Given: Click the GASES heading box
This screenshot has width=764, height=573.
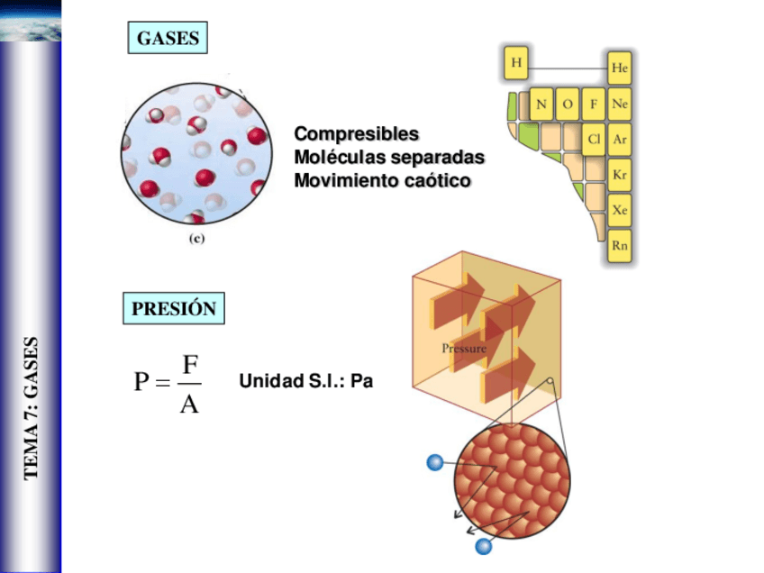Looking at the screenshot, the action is tap(168, 39).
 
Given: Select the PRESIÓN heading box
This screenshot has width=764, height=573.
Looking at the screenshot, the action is tap(173, 309).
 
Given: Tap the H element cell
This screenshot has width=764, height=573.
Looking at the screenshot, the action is tap(516, 62).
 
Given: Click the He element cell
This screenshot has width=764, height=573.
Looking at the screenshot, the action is tap(620, 68).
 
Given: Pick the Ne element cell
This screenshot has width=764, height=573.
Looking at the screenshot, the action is tap(620, 104).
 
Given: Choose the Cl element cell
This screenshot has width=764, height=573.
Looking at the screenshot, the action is tap(594, 140).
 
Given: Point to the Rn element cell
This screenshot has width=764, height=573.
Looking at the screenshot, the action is tap(620, 245).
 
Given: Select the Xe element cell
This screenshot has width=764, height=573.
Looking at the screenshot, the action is tap(620, 210).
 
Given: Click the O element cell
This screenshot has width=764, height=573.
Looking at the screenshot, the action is tap(568, 104).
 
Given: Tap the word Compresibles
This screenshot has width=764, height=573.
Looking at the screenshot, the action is tap(356, 134).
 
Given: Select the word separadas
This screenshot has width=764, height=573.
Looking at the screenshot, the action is tap(436, 158).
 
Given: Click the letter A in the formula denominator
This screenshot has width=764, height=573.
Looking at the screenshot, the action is tap(189, 403).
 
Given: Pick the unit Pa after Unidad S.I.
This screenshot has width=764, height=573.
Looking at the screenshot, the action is tap(361, 382).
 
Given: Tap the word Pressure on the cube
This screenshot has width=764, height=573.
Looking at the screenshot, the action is tap(464, 348).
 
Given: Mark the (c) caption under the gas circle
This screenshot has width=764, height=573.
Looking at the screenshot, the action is tap(196, 240).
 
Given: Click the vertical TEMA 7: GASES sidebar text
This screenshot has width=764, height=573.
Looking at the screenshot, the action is tap(32, 407).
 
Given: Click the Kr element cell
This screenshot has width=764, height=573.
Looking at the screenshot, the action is tap(620, 175).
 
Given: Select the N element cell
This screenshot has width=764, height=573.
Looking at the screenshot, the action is tap(541, 104).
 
